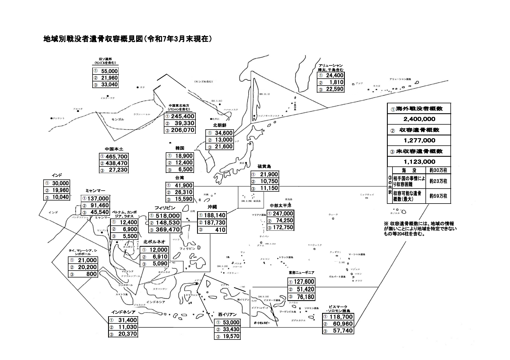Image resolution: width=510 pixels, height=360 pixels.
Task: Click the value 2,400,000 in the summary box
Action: tap(419, 119)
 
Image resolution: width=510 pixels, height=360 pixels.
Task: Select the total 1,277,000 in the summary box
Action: tap(419, 140)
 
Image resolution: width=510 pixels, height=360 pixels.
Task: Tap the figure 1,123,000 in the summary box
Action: tap(419, 162)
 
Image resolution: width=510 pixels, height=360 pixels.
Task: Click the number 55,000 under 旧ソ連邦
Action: tap(109, 71)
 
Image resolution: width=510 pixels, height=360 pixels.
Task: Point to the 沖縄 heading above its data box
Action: tap(212, 207)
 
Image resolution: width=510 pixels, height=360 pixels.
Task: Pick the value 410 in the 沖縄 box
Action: tap(220, 230)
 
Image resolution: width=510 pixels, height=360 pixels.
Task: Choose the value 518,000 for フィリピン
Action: tap(168, 216)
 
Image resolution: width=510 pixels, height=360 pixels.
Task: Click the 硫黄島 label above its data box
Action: tap(264, 166)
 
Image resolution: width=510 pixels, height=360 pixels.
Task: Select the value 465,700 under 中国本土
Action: tap(116, 156)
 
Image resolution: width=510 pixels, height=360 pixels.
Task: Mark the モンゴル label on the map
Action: tap(118, 119)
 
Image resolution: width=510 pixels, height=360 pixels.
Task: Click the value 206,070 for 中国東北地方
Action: tap(183, 130)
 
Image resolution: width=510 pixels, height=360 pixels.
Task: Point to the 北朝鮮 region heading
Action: tap(220, 125)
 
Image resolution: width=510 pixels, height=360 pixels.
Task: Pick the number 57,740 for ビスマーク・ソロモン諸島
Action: tap(343, 331)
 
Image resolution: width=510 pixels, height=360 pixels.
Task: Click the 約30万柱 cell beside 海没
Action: tap(438, 170)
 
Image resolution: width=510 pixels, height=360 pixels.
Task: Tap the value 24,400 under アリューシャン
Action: tap(335, 75)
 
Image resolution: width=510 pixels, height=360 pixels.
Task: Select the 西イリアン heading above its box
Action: tap(227, 315)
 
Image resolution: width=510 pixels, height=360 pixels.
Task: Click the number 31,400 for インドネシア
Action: tap(127, 320)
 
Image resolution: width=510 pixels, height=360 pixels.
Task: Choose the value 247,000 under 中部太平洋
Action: tap(283, 214)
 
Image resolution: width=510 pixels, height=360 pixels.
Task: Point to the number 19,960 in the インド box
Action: tap(60, 190)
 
